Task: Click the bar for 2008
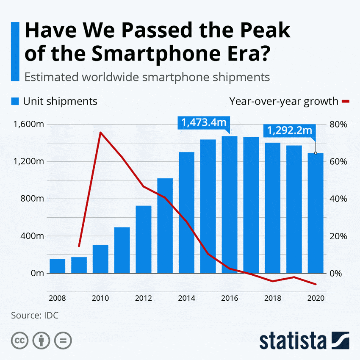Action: click(57, 266)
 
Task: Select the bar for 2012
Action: click(144, 239)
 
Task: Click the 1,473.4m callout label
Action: click(204, 123)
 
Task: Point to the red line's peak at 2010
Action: click(100, 133)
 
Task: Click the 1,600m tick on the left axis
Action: click(29, 124)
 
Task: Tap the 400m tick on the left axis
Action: click(32, 236)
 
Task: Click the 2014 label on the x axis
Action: click(187, 298)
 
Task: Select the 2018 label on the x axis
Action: click(273, 298)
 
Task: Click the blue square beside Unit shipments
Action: click(15, 101)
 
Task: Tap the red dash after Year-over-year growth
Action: click(346, 101)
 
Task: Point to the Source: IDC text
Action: click(35, 316)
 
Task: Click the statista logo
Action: click(304, 340)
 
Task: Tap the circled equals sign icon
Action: click(63, 340)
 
